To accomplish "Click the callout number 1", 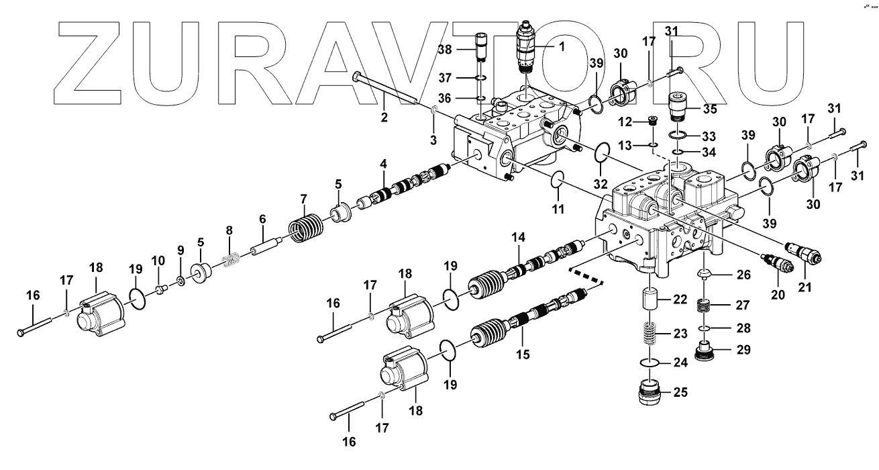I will point(562,46).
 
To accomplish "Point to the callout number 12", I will point(626,122).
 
